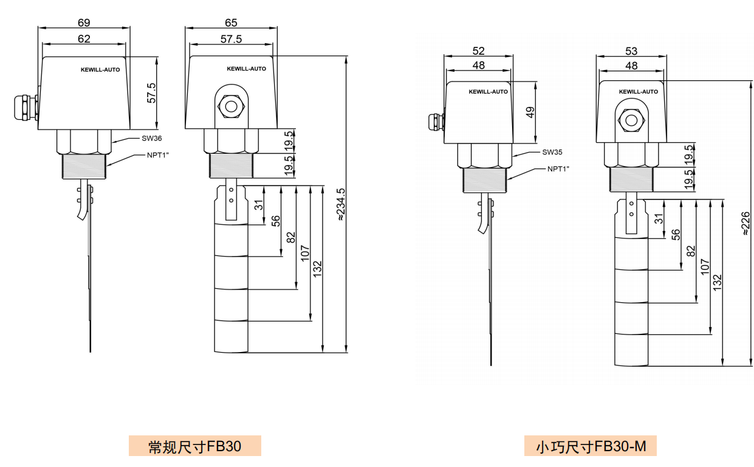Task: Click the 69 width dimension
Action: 84,22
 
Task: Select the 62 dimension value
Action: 84,39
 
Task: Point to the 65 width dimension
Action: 231,22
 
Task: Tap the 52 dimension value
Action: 478,51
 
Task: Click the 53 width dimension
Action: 631,51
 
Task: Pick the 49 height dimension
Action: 530,112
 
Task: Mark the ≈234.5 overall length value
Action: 341,204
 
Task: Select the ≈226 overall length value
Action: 745,223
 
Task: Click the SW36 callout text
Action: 151,139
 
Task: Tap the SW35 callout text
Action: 552,153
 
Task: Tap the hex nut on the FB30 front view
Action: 231,107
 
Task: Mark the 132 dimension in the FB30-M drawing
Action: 717,281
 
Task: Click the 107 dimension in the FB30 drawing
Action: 305,254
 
